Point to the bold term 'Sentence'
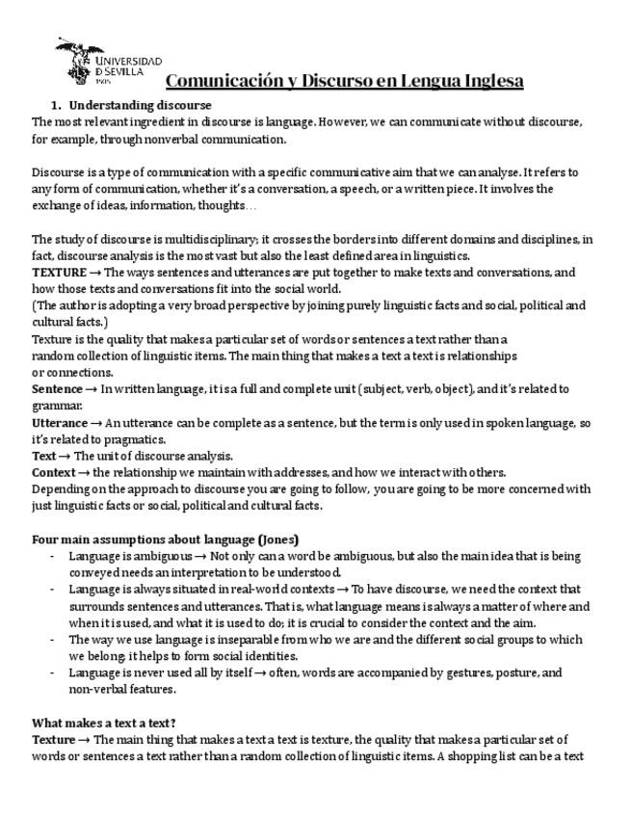click(57, 389)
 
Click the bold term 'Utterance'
click(59, 423)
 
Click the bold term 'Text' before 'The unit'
click(44, 456)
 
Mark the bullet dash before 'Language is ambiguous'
click(50, 556)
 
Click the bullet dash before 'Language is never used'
click(50, 672)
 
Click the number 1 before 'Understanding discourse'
click(55, 104)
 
